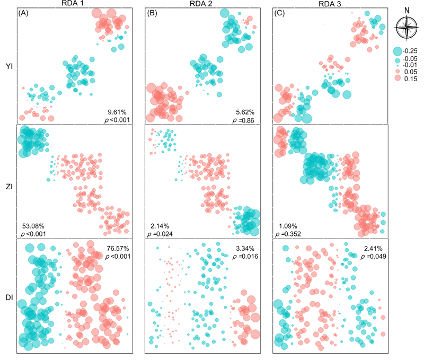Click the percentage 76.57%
[116, 248]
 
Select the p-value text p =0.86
[243, 121]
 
